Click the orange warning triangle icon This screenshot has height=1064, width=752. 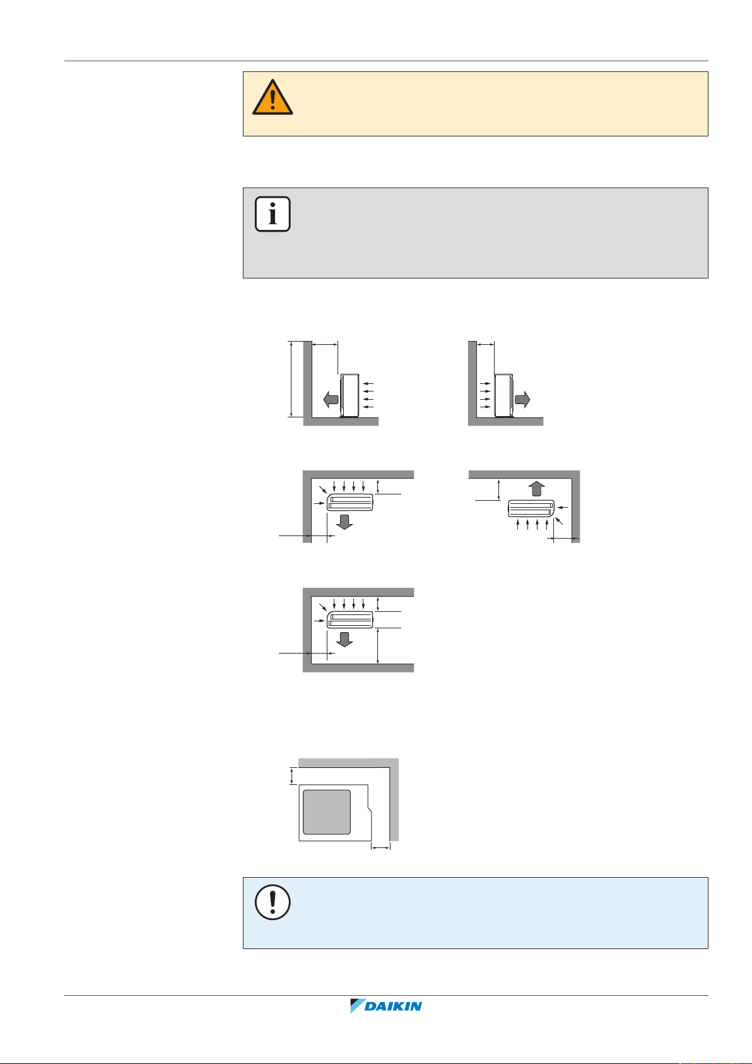273,99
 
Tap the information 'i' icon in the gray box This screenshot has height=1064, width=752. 273,214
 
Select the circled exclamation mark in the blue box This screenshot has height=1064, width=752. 273,902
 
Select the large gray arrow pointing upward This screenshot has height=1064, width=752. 535,489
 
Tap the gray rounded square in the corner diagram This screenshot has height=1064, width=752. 326,812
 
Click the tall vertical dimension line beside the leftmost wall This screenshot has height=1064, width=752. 291,379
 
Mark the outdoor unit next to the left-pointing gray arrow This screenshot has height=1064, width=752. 349,395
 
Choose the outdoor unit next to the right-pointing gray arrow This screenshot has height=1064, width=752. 503,395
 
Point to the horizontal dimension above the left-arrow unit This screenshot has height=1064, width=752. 326,344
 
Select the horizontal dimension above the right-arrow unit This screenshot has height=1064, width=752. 486,344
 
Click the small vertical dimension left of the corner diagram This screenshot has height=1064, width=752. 291,775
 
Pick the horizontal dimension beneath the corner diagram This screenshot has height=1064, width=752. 381,848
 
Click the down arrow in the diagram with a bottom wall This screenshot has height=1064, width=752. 344,639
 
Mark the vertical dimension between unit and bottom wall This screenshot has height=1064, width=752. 377,645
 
